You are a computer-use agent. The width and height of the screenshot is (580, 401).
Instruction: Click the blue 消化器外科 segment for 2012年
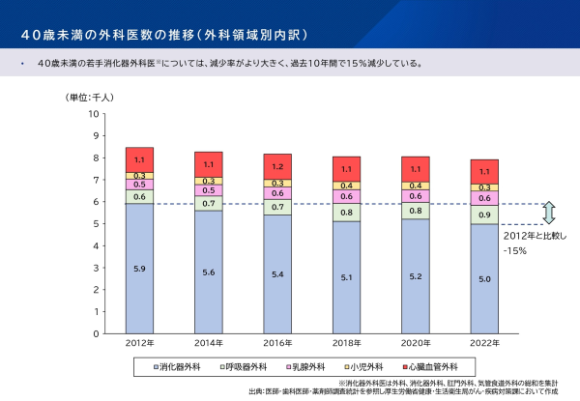pos(139,268)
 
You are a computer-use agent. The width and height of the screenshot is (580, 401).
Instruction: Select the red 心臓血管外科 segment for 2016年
pos(278,167)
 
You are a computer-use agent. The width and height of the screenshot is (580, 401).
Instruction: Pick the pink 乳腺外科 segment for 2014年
pos(209,190)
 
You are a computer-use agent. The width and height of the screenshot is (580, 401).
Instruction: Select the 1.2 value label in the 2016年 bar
pos(278,167)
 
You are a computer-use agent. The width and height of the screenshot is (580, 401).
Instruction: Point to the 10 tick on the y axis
pos(94,113)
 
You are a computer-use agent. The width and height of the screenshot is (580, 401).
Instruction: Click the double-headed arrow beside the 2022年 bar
pos(548,214)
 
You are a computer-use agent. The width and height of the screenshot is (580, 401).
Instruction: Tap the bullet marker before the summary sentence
pos(21,65)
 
